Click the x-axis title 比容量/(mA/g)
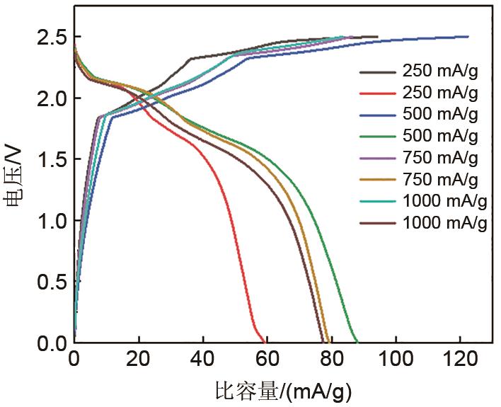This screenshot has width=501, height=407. [283, 390]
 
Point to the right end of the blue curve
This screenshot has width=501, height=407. [468, 37]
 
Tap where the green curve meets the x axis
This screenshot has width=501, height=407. [358, 343]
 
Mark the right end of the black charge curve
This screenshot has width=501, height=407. [377, 37]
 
